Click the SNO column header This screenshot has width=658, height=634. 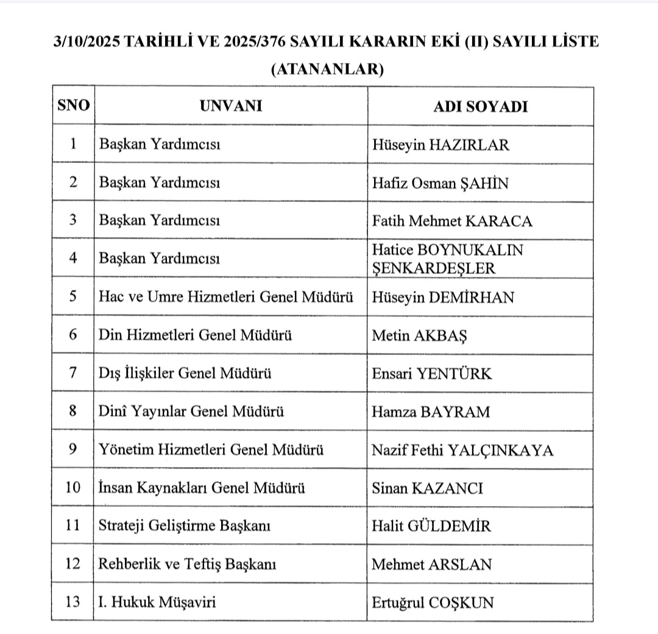pos(73,105)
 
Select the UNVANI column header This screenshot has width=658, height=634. pos(231,105)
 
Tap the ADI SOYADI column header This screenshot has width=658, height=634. pos(480,107)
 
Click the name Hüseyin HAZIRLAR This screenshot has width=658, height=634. pos(440,145)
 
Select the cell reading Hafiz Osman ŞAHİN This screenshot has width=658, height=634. pos(440,183)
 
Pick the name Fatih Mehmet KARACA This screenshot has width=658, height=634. pos(452,221)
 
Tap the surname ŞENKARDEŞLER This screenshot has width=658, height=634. pos(434,268)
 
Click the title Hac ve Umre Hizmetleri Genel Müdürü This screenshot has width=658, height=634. pos(226,297)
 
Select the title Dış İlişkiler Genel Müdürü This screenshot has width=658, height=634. pos(185,373)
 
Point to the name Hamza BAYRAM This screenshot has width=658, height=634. pos(431,411)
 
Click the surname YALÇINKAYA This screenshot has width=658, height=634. pos(500,451)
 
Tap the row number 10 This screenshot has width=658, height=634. pos(73,488)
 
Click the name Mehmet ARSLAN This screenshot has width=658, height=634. pos(431,565)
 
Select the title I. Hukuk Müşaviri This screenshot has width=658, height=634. pos(157,602)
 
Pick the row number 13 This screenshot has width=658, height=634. pos(73,602)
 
